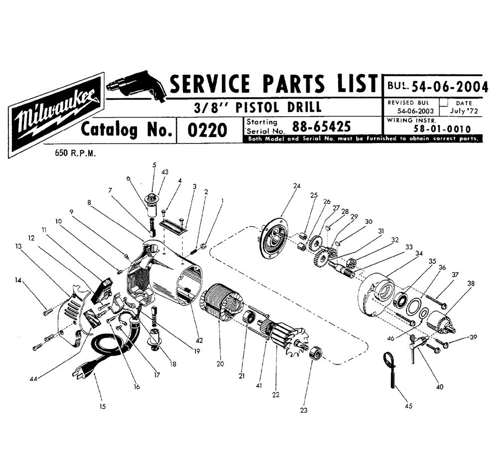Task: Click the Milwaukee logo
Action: coord(57,115)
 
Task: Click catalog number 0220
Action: coord(207,130)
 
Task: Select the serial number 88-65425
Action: coord(321,127)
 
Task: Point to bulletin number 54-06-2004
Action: coord(450,86)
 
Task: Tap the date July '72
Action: coord(464,111)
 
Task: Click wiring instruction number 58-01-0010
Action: coord(442,129)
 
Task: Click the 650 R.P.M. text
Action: coord(75,153)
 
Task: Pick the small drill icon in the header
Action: coord(136,86)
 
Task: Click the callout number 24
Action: coord(297,186)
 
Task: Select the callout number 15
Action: coord(102,406)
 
